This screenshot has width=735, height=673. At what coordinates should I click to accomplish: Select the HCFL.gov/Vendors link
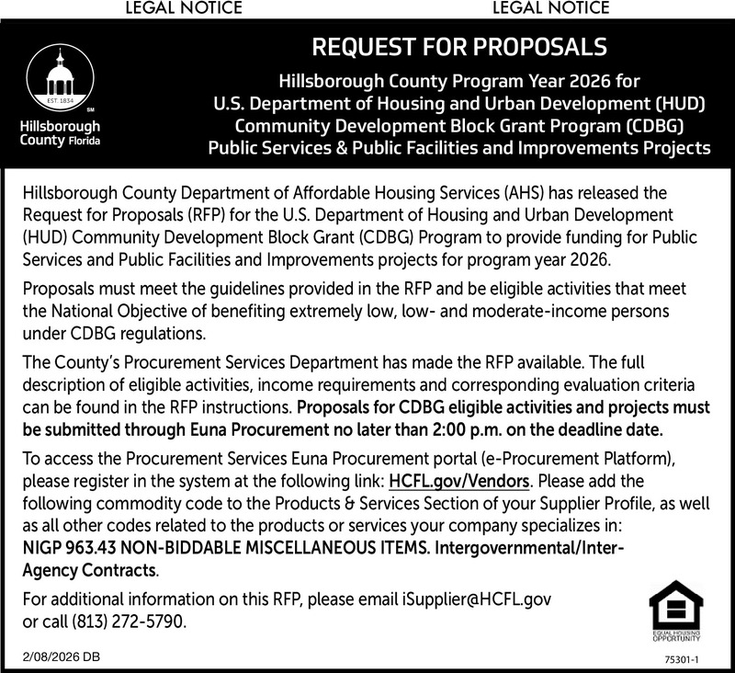[459, 481]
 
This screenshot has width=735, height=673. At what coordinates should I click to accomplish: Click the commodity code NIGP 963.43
[73, 550]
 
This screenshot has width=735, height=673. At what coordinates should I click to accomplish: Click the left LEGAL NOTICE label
[188, 9]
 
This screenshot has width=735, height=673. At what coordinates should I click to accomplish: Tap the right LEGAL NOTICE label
[551, 9]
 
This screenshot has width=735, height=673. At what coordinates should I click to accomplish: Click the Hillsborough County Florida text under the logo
[61, 135]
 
